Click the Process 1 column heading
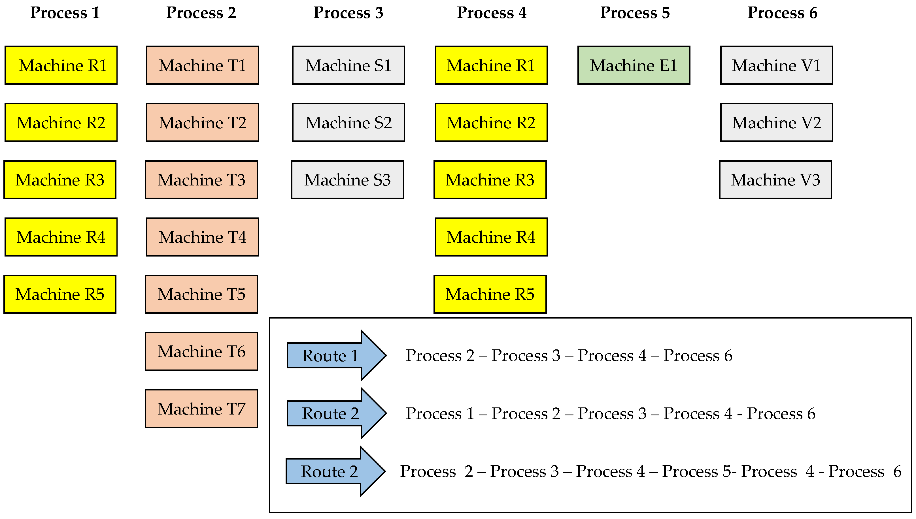[65, 13]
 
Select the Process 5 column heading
[635, 13]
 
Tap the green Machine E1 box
[634, 65]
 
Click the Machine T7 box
[201, 409]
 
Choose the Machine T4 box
[202, 237]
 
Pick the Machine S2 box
[348, 123]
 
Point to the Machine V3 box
[775, 180]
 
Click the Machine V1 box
[777, 65]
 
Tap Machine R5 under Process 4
[490, 294]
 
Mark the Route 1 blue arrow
[335, 355]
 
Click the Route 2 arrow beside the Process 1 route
[335, 413]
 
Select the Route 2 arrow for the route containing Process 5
[334, 471]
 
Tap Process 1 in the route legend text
[440, 413]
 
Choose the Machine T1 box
[202, 65]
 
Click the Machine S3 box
[347, 180]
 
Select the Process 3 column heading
[348, 13]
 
